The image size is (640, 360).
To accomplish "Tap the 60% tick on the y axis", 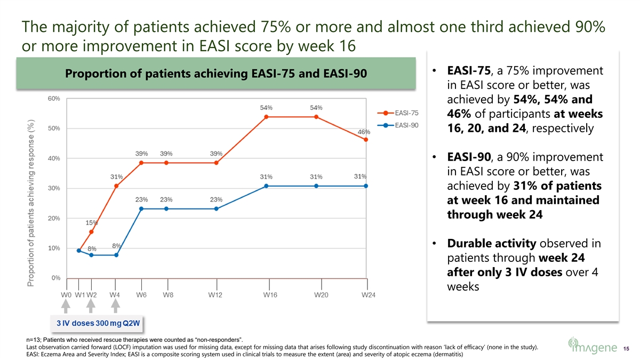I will pyautogui.click(x=54, y=99).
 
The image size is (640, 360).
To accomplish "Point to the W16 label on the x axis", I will pyautogui.click(x=270, y=295).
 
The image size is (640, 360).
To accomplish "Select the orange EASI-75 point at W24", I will pyautogui.click(x=366, y=140).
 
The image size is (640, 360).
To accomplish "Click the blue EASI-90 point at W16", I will pyautogui.click(x=266, y=186).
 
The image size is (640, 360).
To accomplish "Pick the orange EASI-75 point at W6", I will pyautogui.click(x=141, y=163).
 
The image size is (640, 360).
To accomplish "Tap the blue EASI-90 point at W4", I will pyautogui.click(x=116, y=255).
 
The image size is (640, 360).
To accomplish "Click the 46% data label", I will pyautogui.click(x=364, y=132).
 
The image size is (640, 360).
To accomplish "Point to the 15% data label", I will pyautogui.click(x=92, y=222).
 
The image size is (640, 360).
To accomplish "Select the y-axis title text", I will pyautogui.click(x=31, y=203).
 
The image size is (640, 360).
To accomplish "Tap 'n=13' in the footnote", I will pyautogui.click(x=34, y=340).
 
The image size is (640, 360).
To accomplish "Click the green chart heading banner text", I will pyautogui.click(x=215, y=73).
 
